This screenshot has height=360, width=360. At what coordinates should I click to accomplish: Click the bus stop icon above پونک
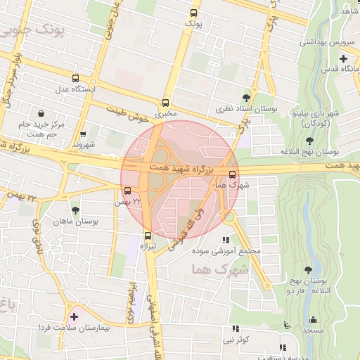[193, 13]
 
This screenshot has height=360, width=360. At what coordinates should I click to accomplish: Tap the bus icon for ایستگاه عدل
[75, 78]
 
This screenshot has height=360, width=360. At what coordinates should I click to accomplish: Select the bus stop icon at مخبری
[166, 102]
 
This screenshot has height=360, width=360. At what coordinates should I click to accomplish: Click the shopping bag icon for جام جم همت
[42, 113]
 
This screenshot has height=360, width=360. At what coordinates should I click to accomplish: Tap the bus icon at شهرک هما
[233, 174]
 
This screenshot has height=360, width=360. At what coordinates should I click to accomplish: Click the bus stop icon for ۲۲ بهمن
[127, 191]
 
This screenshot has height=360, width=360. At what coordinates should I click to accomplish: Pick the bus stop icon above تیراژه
[148, 236]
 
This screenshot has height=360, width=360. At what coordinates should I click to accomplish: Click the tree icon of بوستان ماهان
[76, 210]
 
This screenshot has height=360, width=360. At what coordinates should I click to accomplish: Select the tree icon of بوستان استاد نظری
[245, 98]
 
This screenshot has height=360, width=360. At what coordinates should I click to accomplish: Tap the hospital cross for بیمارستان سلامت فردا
[74, 316]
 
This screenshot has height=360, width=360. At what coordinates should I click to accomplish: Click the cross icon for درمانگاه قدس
[342, 57]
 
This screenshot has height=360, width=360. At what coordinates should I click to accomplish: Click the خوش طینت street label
[129, 113]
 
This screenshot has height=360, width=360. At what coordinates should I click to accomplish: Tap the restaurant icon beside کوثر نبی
[236, 328]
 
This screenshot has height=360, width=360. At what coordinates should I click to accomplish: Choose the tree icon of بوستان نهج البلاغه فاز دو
[308, 269]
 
